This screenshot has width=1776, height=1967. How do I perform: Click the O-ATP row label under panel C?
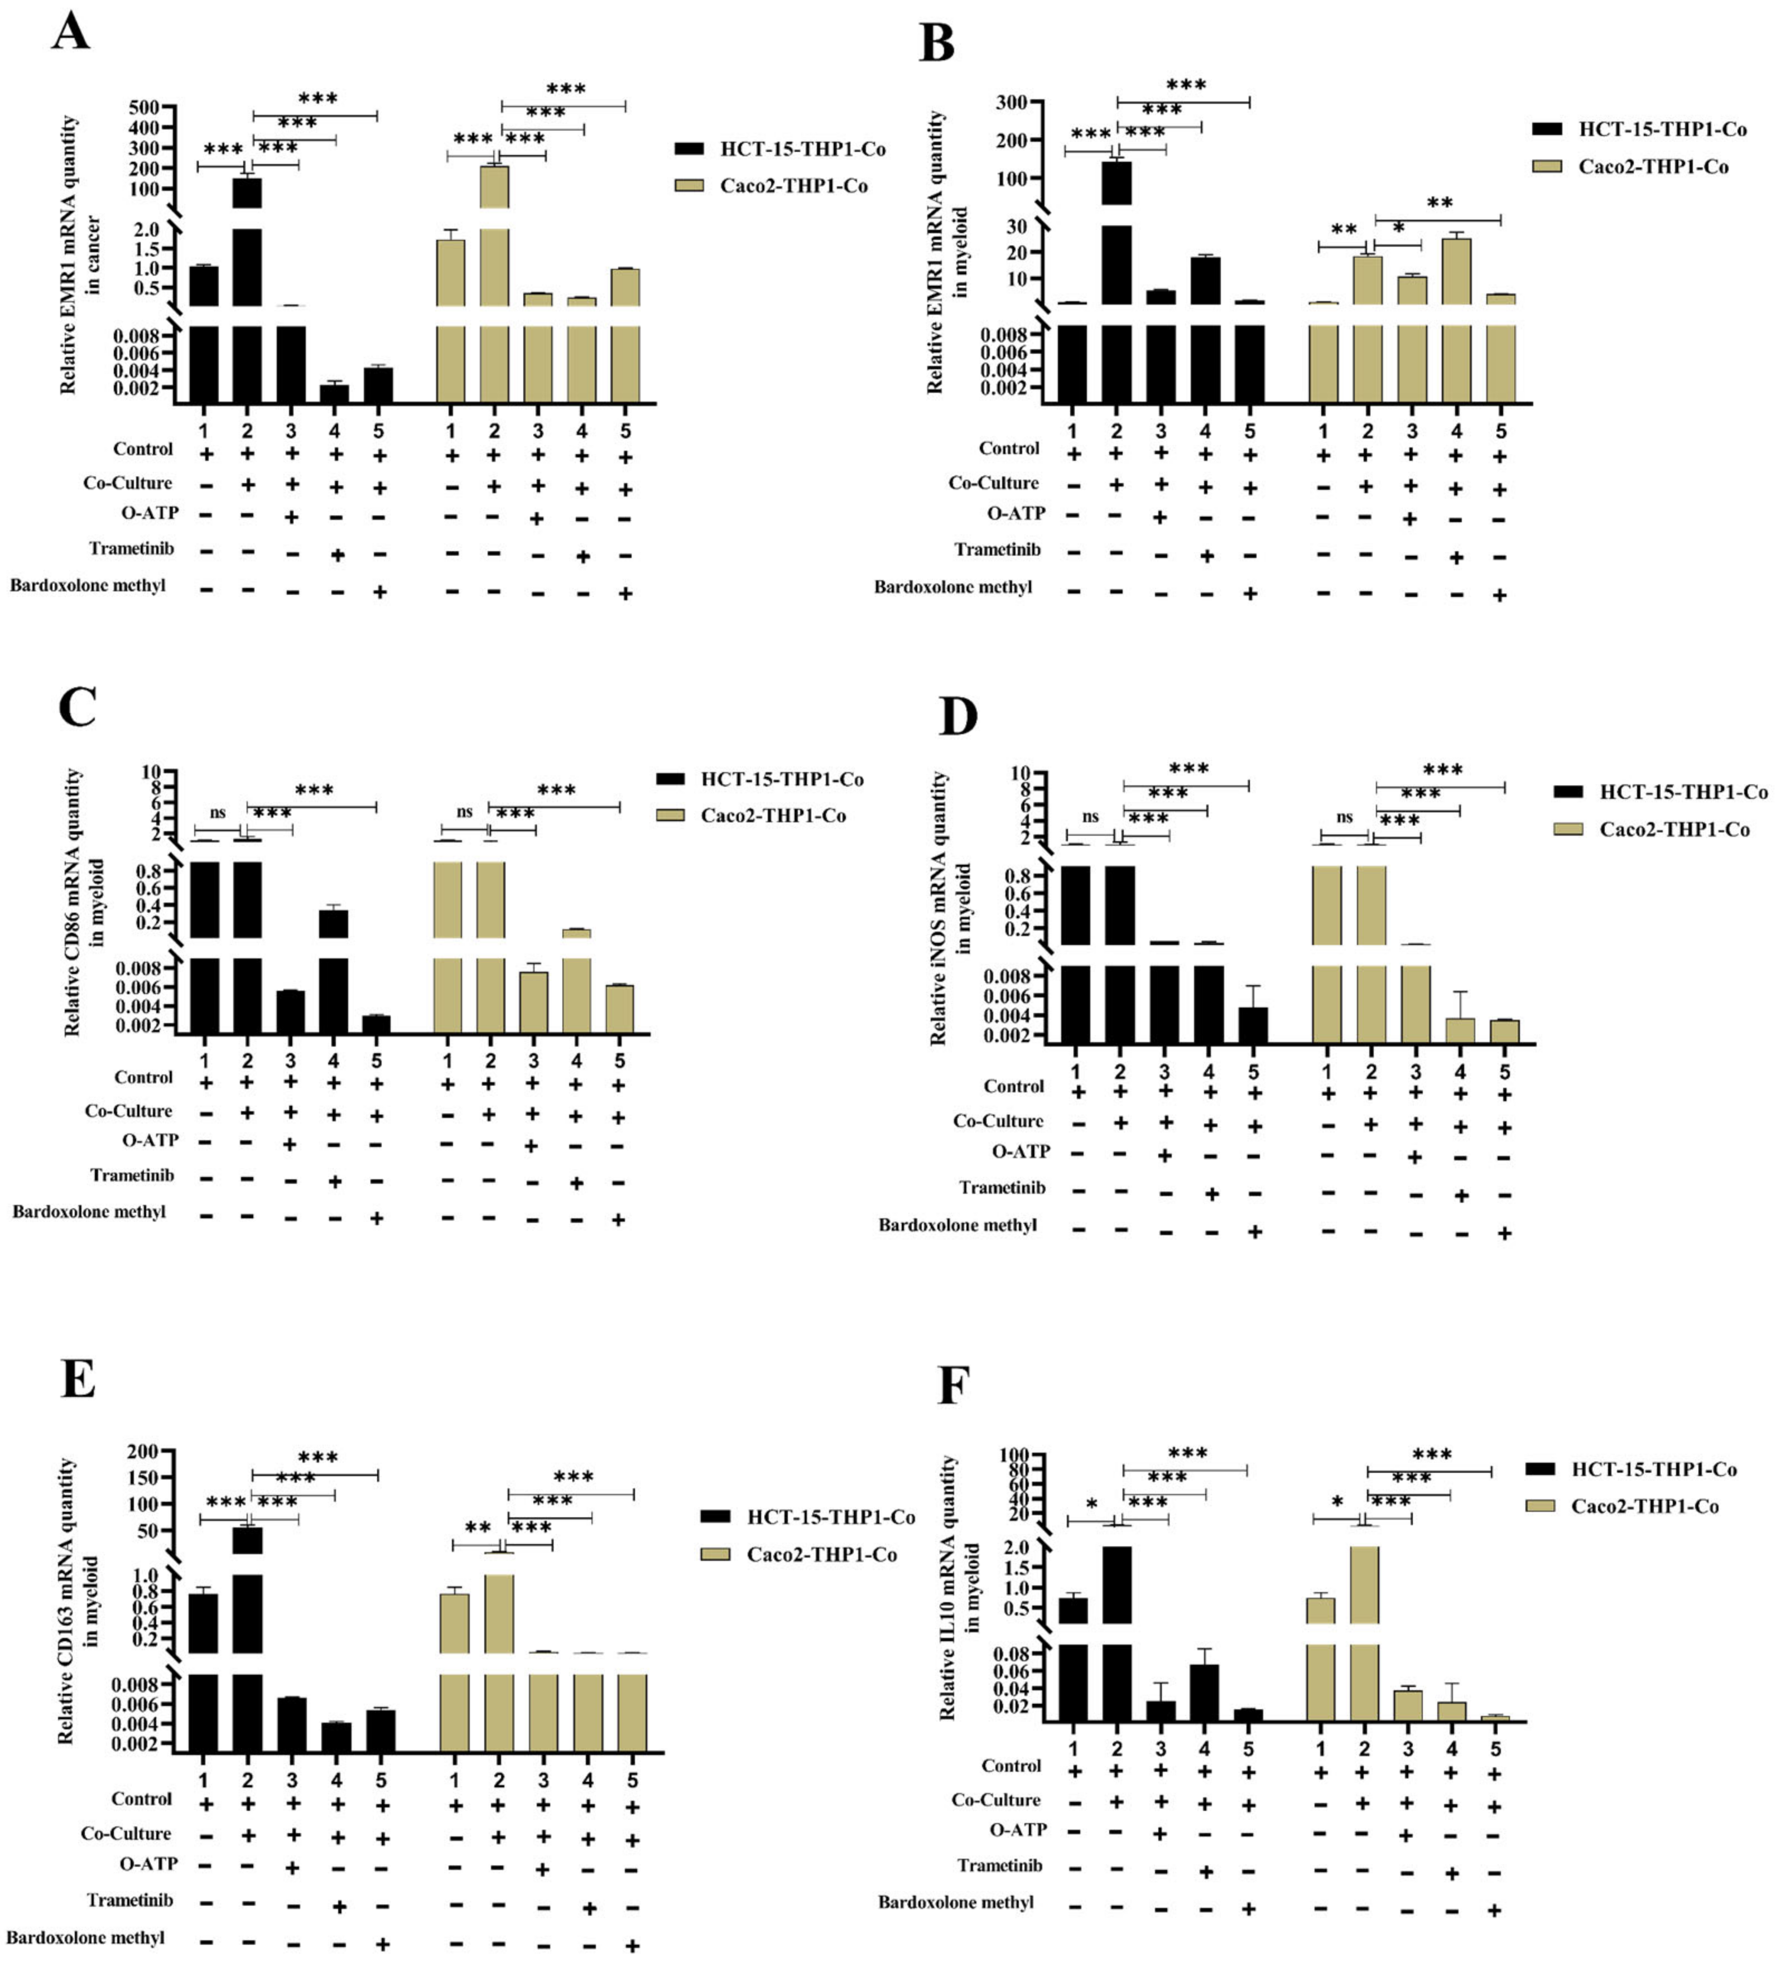[x=150, y=1140]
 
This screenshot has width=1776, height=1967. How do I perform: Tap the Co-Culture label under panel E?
[x=126, y=1833]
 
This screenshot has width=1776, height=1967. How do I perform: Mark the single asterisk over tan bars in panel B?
[x=1398, y=228]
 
